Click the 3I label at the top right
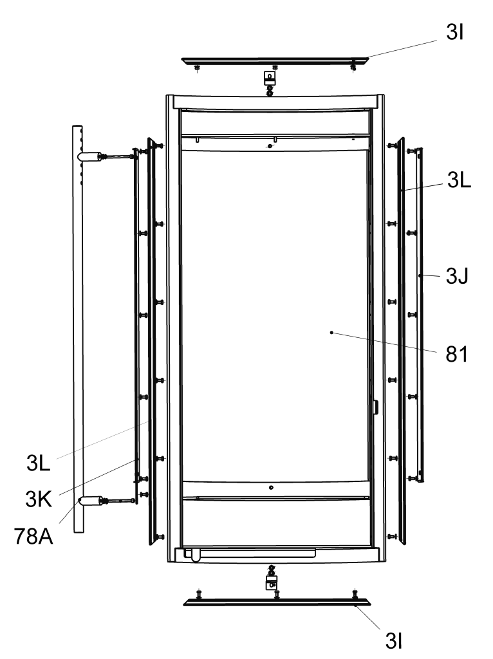(x=455, y=32)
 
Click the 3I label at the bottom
(x=394, y=640)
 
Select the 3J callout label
(x=457, y=276)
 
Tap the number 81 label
(x=457, y=355)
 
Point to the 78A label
(x=33, y=536)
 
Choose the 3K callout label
(x=39, y=499)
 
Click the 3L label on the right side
(x=459, y=180)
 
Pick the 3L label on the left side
(x=38, y=463)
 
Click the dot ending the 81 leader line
(x=331, y=333)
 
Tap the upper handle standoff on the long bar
(x=90, y=156)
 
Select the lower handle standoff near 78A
(x=91, y=500)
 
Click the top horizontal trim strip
(x=275, y=61)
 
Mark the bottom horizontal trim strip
(x=277, y=602)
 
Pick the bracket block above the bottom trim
(x=272, y=582)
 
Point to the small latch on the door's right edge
(x=375, y=407)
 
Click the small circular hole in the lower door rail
(x=271, y=488)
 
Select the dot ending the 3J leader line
(x=420, y=275)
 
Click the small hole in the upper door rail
(x=270, y=146)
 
